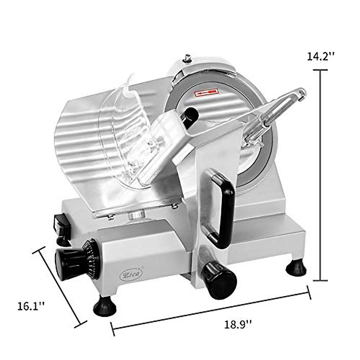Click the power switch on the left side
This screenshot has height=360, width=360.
click(x=61, y=224)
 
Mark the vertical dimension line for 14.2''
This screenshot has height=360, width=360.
click(x=320, y=175)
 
